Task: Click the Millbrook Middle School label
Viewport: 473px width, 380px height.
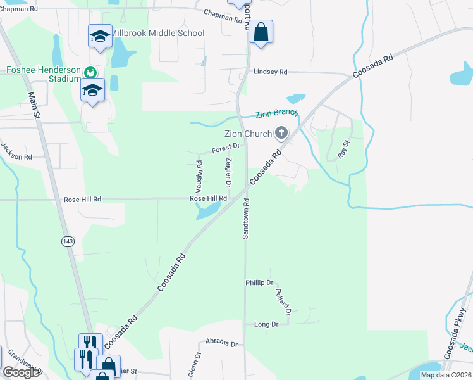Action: click(158, 33)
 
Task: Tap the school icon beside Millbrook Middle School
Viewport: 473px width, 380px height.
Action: click(100, 36)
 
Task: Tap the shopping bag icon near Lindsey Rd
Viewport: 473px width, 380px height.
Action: click(261, 32)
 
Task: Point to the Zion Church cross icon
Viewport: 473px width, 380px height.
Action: click(281, 133)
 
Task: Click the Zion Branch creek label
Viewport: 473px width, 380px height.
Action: click(276, 114)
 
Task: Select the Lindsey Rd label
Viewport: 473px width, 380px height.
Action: click(270, 72)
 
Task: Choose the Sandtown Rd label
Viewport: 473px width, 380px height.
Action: click(247, 218)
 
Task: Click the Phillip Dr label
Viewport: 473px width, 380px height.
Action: click(259, 282)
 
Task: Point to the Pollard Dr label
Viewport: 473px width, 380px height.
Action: click(283, 301)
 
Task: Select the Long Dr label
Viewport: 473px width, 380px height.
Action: click(266, 324)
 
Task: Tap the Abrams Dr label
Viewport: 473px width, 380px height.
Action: click(221, 344)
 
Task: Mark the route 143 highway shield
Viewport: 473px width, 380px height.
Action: click(68, 241)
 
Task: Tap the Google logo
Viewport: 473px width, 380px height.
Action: click(21, 372)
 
